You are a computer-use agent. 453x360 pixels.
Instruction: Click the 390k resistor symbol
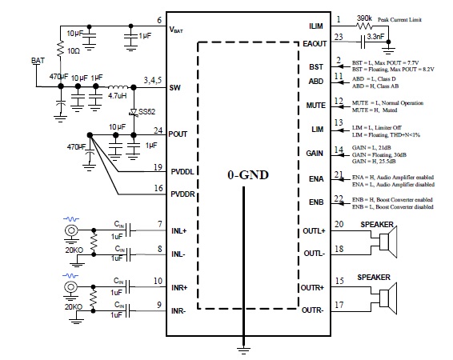click(x=364, y=26)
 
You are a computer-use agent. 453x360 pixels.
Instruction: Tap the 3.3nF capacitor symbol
click(x=363, y=42)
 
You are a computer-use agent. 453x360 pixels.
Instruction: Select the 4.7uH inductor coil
click(x=118, y=86)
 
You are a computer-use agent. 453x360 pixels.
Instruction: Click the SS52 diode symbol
click(x=134, y=112)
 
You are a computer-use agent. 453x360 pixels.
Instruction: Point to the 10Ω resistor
click(x=60, y=49)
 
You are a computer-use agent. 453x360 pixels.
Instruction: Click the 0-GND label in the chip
click(x=248, y=174)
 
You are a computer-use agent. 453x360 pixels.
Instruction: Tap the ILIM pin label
click(x=316, y=26)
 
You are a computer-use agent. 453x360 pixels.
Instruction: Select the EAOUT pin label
click(x=315, y=44)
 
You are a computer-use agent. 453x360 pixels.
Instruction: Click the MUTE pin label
click(x=316, y=106)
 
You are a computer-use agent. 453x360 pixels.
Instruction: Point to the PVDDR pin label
click(x=182, y=194)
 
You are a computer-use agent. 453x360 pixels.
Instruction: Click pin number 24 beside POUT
click(x=158, y=130)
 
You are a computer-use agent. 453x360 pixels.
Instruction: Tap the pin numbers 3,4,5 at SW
click(x=153, y=80)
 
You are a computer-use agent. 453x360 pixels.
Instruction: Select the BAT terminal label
click(x=38, y=60)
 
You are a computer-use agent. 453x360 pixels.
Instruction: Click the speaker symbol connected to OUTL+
click(x=388, y=242)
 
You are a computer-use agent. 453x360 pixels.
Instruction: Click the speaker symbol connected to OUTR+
click(x=388, y=298)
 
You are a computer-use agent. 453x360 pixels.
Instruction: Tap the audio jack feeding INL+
click(x=71, y=230)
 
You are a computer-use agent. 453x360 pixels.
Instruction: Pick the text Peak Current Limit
click(x=399, y=20)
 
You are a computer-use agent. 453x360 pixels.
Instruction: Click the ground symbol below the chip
click(x=243, y=350)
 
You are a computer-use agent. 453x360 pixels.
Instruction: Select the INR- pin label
click(x=178, y=311)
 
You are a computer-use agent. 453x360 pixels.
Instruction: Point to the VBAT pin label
click(x=176, y=30)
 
